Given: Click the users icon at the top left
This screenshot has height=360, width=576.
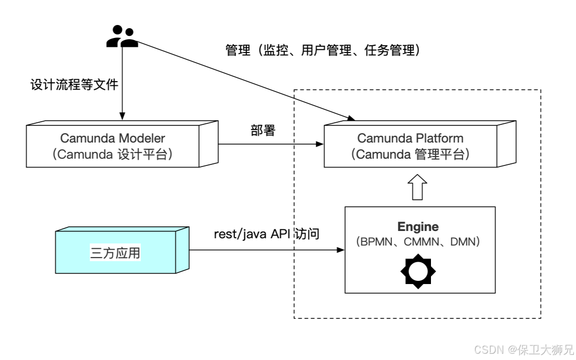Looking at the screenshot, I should [122, 37].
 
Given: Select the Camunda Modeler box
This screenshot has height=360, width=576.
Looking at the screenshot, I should [120, 146].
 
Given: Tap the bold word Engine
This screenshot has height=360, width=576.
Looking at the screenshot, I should [418, 227].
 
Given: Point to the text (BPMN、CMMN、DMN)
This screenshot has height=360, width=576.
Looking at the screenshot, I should [418, 242].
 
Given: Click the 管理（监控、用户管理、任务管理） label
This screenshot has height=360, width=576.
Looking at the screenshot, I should [322, 50].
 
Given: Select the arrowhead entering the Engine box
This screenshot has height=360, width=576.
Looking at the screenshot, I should [342, 250].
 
